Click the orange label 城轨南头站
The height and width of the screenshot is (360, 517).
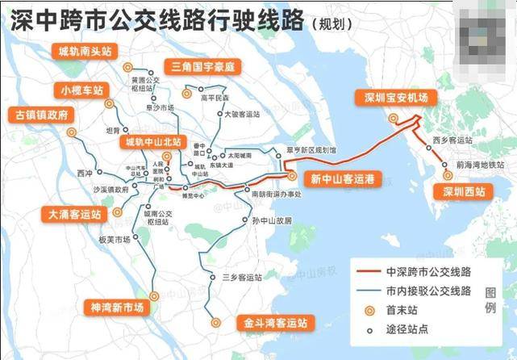click(x=85, y=51)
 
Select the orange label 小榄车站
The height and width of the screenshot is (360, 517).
click(x=82, y=89)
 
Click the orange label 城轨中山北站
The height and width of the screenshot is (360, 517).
click(x=152, y=142)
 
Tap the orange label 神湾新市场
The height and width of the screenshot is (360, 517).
click(x=116, y=308)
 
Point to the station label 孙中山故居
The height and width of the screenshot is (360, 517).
click(x=271, y=220)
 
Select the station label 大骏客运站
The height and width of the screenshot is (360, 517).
click(x=243, y=115)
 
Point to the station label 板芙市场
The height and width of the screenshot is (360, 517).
click(x=115, y=240)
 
